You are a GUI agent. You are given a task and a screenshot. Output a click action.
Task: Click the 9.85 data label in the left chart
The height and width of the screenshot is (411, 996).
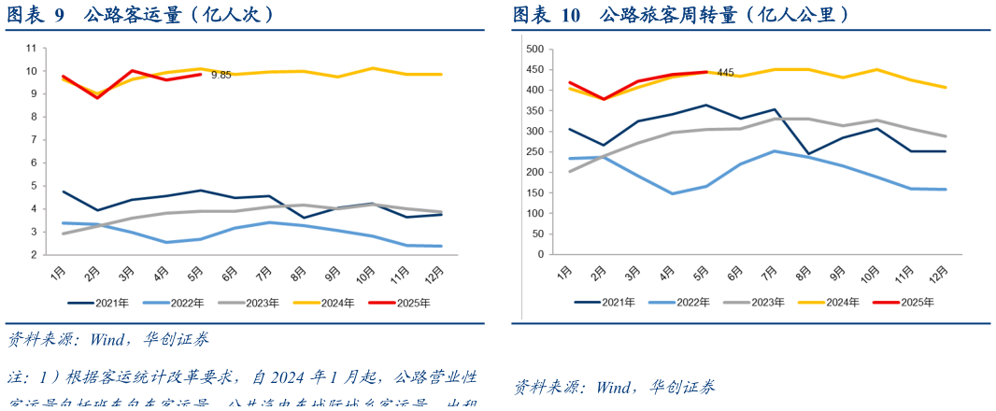click(x=221, y=75)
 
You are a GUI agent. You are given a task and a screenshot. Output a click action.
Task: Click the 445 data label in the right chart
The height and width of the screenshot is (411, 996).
click(x=725, y=73)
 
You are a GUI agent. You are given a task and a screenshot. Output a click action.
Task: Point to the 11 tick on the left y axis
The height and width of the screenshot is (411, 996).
click(x=31, y=48)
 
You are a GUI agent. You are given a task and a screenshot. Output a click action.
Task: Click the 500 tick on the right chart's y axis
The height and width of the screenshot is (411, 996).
click(x=534, y=49)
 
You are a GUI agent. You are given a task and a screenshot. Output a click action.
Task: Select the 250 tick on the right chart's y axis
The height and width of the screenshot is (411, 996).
click(x=534, y=151)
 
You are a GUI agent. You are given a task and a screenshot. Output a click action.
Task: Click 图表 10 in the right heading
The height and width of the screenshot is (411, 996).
click(x=546, y=15)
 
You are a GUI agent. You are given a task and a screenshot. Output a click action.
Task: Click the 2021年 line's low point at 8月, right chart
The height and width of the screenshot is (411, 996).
click(x=803, y=153)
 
